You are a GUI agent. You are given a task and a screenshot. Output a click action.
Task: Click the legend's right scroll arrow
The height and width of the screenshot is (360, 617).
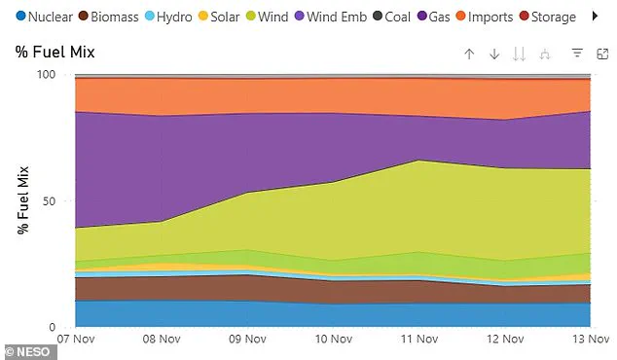(597, 17)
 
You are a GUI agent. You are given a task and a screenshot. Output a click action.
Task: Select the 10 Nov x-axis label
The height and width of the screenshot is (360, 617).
(334, 341)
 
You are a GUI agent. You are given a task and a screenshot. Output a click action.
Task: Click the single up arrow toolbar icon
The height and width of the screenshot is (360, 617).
(469, 54)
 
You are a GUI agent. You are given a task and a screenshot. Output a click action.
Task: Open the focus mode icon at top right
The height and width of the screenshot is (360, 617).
(602, 54)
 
